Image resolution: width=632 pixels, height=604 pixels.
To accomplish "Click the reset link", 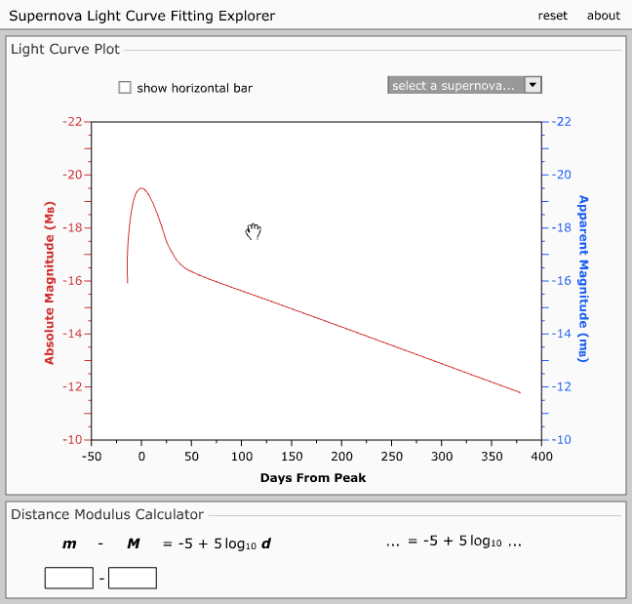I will (552, 16).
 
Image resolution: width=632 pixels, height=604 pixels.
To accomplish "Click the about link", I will (603, 16).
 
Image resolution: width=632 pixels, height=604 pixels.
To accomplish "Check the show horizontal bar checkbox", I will (125, 88).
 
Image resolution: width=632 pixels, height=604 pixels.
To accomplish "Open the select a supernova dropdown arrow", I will (533, 85).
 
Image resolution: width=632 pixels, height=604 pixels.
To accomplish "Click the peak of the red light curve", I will (141, 188).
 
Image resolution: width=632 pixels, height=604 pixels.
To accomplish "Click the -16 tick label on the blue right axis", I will (559, 281).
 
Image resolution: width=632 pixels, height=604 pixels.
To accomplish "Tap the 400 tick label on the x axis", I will (541, 456).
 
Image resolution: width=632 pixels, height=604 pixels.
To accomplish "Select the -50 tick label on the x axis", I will (92, 456).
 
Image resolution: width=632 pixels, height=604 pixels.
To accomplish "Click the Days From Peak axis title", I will (313, 477).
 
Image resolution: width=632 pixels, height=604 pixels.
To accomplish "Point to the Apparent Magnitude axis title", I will (583, 278).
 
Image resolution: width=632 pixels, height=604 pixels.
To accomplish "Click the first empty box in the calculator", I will (69, 578).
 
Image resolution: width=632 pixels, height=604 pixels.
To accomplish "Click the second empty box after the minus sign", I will (133, 578).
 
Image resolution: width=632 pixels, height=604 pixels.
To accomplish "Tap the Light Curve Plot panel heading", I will (65, 50).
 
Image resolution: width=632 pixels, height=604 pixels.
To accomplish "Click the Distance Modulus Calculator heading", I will (106, 514).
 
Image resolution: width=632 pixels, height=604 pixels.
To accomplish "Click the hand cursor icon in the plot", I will (254, 231).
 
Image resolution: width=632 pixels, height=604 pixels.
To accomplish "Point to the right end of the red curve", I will (520, 392).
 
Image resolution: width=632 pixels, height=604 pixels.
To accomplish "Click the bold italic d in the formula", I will (265, 544).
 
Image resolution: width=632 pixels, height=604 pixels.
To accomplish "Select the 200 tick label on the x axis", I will (341, 456).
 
